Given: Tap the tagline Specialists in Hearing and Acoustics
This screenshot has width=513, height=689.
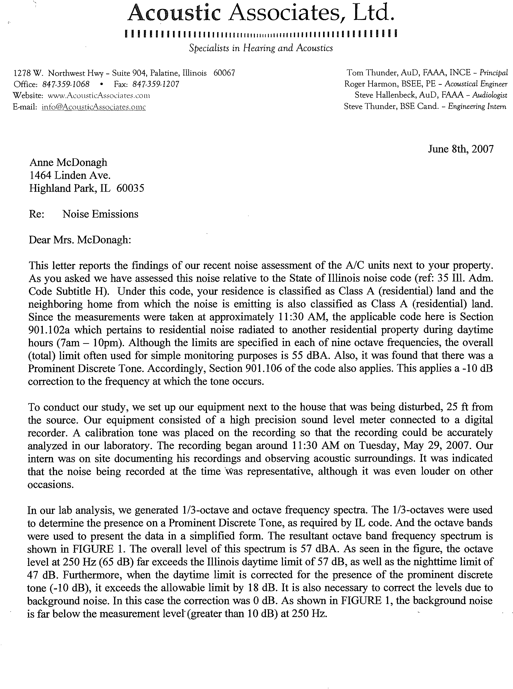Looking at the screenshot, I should (261, 48).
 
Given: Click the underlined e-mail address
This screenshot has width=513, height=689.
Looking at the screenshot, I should (93, 107).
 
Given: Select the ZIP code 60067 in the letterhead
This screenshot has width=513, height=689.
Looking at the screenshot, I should (224, 73).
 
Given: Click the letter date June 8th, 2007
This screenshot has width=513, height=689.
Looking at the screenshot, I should (461, 149).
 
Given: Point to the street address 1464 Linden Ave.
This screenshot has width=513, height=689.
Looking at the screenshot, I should (70, 176).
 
